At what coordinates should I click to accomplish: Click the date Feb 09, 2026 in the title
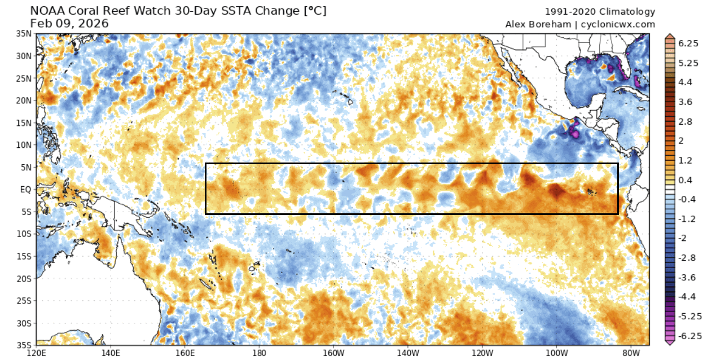(69, 23)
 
